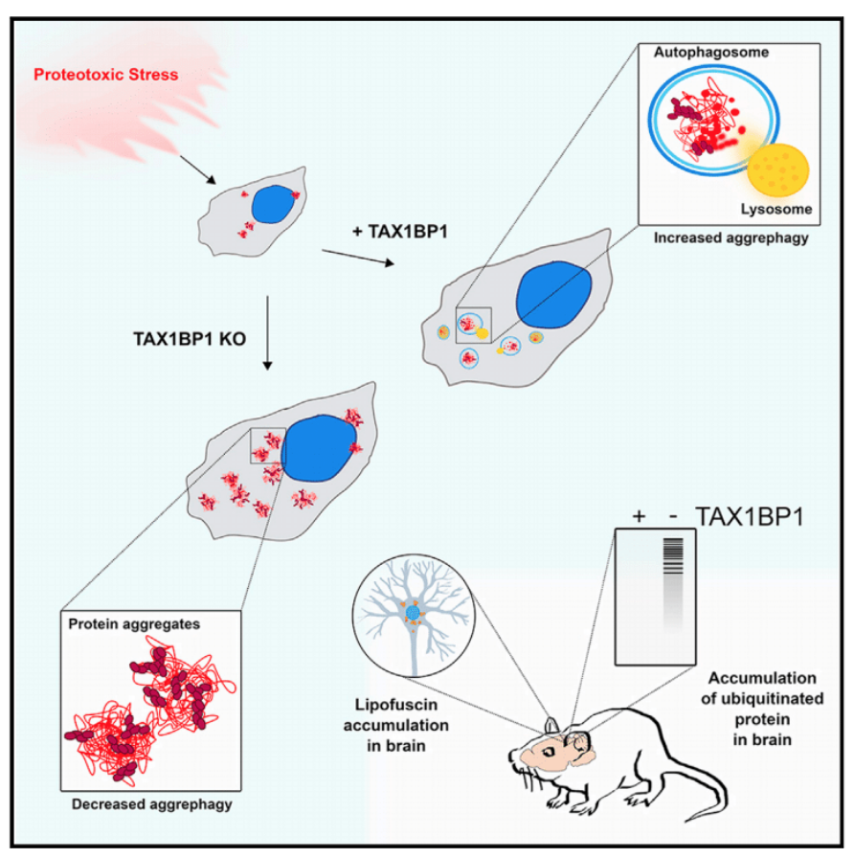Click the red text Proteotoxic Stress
[105, 74]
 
